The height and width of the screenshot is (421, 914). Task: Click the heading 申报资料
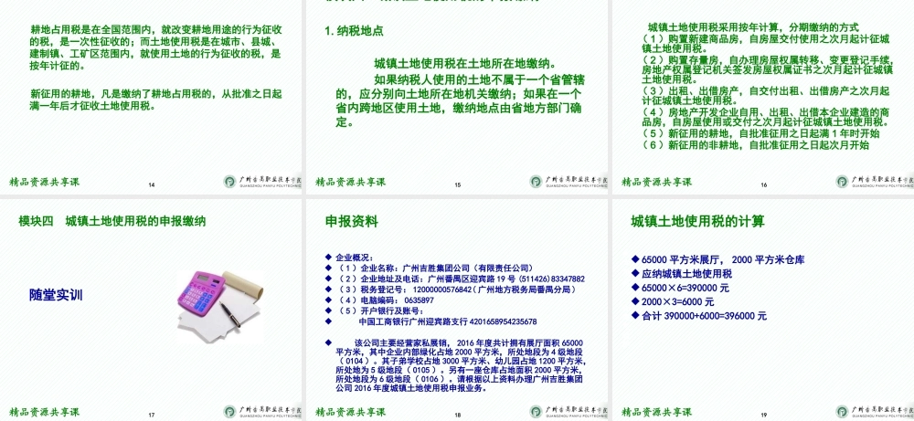tap(351, 222)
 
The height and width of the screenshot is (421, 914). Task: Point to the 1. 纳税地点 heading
tap(355, 31)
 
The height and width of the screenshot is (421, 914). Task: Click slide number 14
tap(152, 186)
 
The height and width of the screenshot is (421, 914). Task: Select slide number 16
tap(763, 185)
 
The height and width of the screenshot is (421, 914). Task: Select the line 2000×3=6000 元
tap(678, 301)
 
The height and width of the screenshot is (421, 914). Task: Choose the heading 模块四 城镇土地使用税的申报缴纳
tap(112, 221)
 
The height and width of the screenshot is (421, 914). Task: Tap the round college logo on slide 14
tap(229, 182)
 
